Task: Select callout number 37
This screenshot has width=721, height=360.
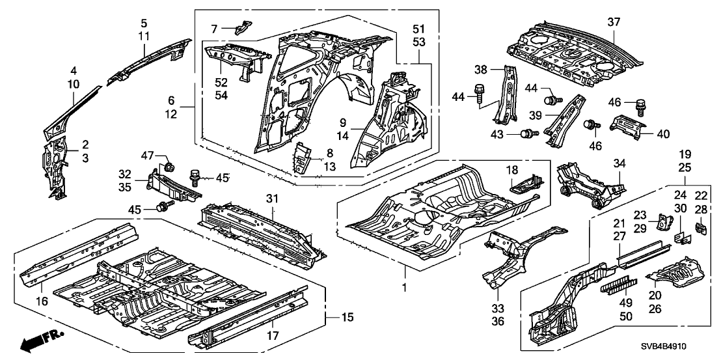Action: [x=614, y=22]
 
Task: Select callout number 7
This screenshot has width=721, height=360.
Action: [x=232, y=28]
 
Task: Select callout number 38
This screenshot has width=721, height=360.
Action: [x=499, y=69]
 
